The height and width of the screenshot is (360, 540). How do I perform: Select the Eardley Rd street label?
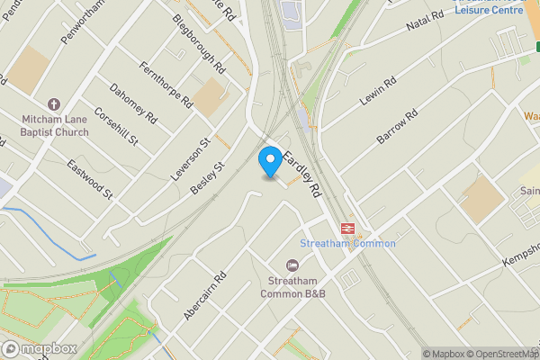302,174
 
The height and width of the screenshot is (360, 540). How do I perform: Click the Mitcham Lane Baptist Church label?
53,126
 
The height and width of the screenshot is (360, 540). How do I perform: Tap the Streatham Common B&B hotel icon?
292,265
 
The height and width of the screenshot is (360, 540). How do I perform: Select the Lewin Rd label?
378,93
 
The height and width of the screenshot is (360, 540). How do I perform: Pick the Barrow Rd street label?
398,128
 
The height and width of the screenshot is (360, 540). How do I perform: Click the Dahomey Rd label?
132,104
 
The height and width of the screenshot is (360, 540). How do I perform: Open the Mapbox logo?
39,348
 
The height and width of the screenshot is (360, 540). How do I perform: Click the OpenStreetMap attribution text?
499,354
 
